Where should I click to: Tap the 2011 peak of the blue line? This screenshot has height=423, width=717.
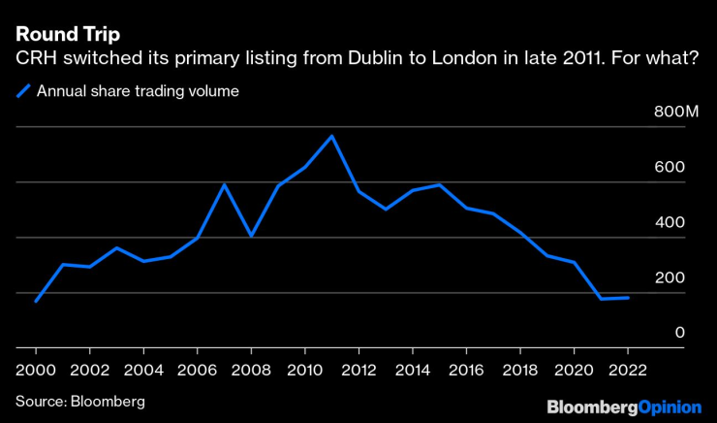(331, 136)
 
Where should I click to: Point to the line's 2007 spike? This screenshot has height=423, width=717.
(225, 184)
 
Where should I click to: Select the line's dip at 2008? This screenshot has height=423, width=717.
(251, 236)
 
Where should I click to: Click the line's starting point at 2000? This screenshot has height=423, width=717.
(36, 301)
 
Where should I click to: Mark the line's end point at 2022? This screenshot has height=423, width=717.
(629, 298)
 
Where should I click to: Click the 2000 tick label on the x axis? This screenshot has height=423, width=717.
(36, 370)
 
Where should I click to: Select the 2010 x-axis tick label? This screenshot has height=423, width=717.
(304, 370)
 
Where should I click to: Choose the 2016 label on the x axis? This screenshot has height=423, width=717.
(466, 370)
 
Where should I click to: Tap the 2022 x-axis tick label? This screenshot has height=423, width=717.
(627, 370)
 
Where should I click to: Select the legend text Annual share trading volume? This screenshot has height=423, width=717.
(138, 92)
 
